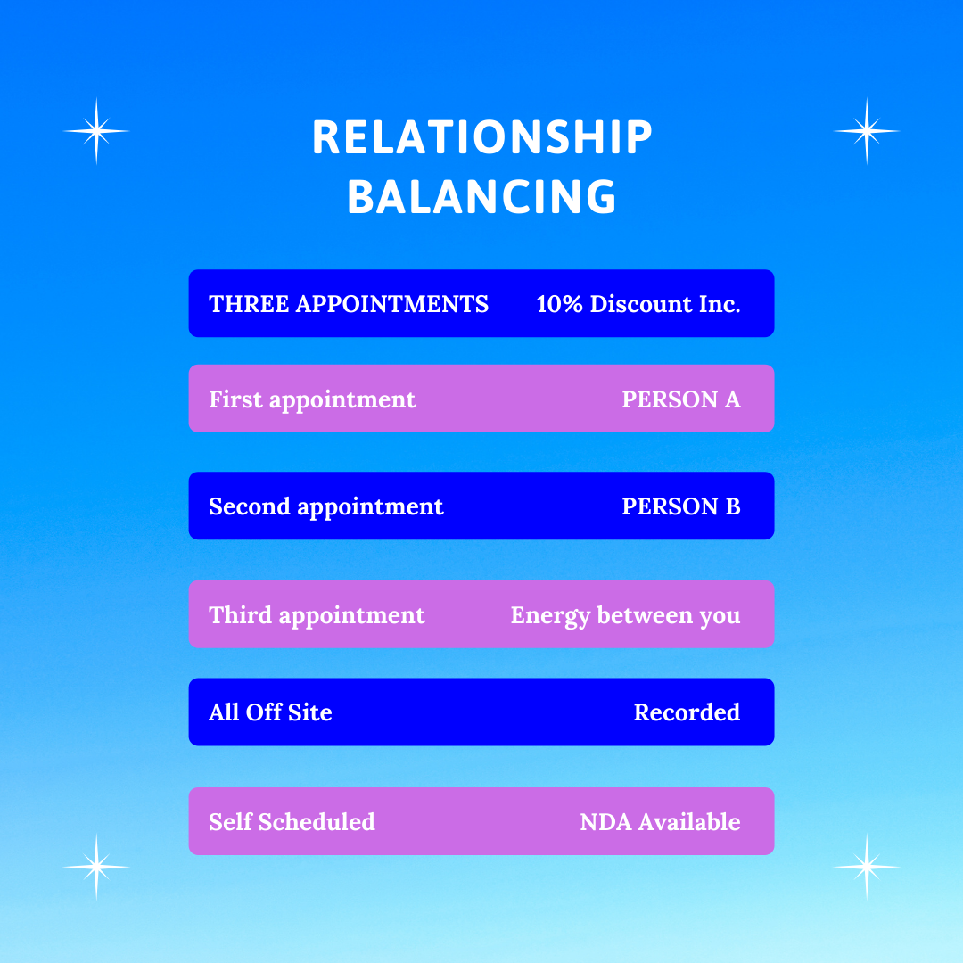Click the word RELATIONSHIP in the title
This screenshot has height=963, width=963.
tap(481, 138)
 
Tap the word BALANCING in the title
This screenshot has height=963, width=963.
tap(481, 197)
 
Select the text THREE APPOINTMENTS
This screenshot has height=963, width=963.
tap(349, 304)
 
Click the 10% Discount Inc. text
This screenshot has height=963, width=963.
tap(638, 304)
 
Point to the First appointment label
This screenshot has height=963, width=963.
tap(312, 399)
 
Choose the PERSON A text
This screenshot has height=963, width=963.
tap(681, 399)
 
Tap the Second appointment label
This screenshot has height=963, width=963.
tap(325, 506)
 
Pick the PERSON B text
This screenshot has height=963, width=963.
tap(681, 506)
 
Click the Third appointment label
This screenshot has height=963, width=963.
tap(317, 615)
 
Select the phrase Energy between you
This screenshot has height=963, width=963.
tap(625, 615)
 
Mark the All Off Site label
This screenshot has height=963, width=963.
tap(270, 712)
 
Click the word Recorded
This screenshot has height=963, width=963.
tap(687, 712)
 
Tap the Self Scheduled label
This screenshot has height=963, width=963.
tap(292, 821)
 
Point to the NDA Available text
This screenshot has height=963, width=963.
tap(660, 821)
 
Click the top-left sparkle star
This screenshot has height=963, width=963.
tap(96, 131)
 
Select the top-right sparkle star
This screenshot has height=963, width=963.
tap(866, 131)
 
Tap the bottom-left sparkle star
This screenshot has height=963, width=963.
tap(96, 866)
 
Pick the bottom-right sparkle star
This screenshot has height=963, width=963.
tap(866, 866)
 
